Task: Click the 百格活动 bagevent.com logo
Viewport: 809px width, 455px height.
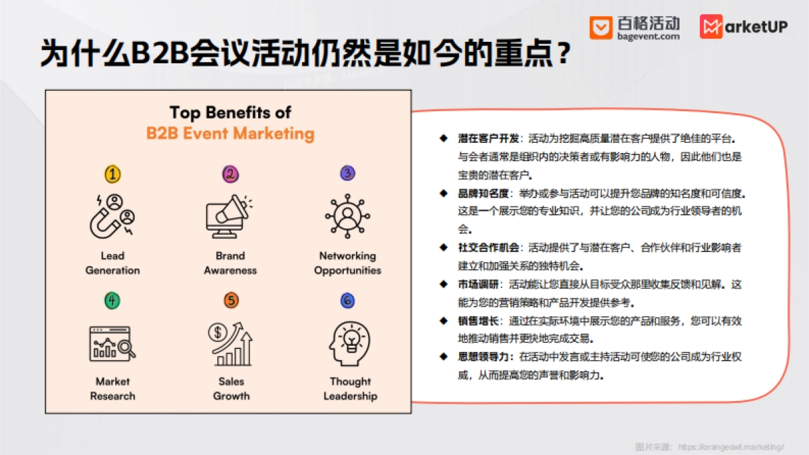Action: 634,28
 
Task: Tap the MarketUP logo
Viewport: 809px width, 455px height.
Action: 743,28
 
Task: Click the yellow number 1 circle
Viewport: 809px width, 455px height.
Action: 113,175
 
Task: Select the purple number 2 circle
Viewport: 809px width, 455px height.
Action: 231,175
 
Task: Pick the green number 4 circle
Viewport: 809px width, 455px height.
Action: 113,301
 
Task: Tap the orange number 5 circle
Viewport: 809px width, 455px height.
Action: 231,301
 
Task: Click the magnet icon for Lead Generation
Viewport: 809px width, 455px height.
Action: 113,216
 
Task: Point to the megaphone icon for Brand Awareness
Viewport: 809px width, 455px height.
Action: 229,216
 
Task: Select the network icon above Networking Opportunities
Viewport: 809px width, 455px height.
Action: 348,216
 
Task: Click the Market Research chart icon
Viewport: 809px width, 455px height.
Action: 113,342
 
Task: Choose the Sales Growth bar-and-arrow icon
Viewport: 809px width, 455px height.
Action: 231,343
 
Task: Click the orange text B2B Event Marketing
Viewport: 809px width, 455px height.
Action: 231,133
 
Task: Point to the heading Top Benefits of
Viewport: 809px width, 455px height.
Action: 231,112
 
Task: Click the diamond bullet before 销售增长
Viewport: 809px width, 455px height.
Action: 444,321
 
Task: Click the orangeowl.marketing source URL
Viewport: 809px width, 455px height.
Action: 731,447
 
